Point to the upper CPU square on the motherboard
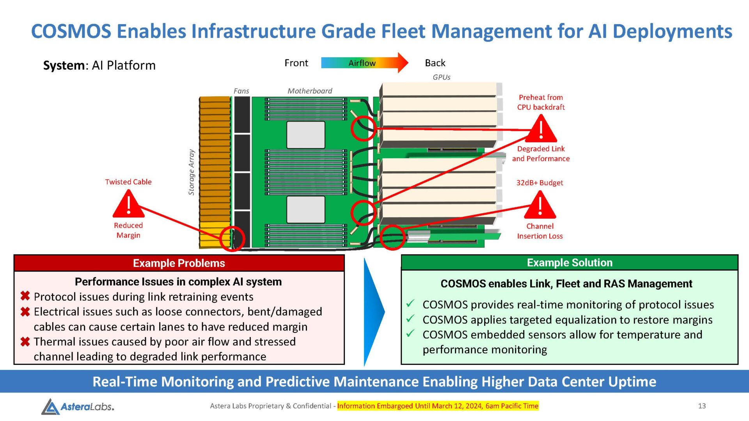click(306, 135)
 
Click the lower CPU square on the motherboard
click(306, 209)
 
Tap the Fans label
click(241, 91)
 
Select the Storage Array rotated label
click(191, 172)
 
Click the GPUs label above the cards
click(441, 77)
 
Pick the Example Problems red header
click(179, 263)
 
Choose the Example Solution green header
click(570, 262)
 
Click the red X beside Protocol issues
click(25, 296)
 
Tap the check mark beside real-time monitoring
click(410, 303)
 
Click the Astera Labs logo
click(78, 406)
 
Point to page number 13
click(702, 406)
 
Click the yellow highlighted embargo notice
click(438, 406)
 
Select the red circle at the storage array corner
click(232, 238)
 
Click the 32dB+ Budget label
click(540, 182)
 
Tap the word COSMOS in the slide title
click(71, 31)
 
